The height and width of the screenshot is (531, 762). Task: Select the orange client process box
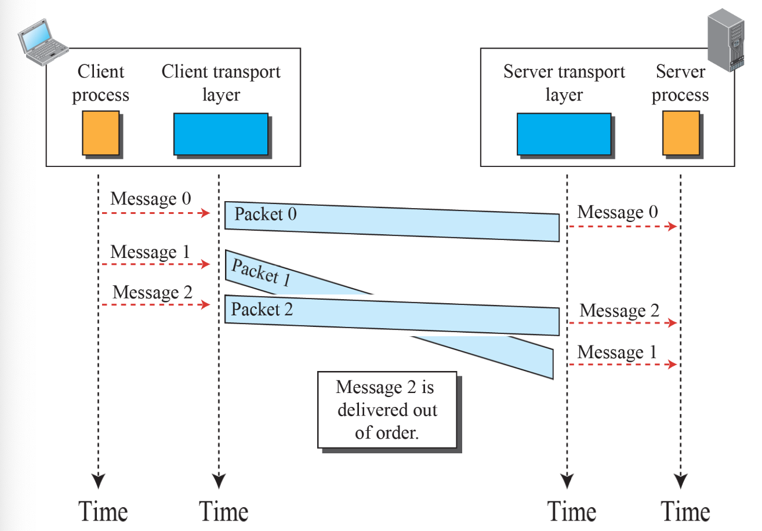(101, 133)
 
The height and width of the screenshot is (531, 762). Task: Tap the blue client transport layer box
(221, 134)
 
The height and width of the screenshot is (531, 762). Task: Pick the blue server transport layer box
(564, 134)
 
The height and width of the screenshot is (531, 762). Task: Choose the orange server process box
(681, 133)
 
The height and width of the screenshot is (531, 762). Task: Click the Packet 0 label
(266, 214)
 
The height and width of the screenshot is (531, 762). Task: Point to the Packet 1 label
(260, 272)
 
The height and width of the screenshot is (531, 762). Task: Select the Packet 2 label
(262, 310)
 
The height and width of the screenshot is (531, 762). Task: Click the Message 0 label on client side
(150, 199)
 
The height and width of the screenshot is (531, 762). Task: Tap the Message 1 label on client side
(150, 252)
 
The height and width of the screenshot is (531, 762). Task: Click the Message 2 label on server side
(619, 311)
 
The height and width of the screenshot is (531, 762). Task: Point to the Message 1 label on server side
(618, 352)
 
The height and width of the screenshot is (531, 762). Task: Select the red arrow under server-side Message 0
(622, 226)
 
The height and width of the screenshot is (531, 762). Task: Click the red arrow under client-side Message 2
(155, 305)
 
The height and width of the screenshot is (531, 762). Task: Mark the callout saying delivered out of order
(387, 410)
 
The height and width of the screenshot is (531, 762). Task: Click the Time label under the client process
(103, 512)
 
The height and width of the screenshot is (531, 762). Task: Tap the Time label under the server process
(685, 512)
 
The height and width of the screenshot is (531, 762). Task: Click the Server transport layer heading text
(564, 83)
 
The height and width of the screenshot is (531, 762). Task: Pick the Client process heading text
(101, 83)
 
